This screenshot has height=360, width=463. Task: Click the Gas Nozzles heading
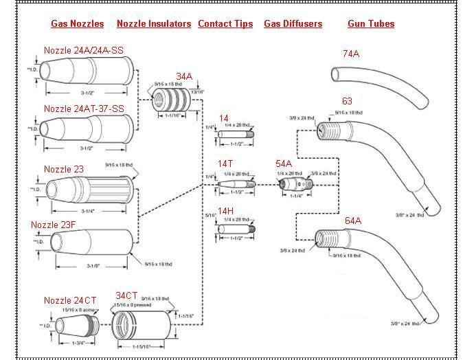pos(78,23)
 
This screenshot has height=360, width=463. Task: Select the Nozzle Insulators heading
pos(154,23)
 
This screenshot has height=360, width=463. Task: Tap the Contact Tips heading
pos(225,23)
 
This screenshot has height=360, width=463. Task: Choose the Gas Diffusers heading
pos(293,23)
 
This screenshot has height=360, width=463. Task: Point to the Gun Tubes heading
pos(371,23)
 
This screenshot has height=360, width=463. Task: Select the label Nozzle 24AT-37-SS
pos(84,109)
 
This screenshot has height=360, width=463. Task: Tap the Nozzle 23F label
pos(58,225)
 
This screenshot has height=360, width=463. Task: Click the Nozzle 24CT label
pos(70,300)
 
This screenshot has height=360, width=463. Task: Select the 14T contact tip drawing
pos(236,184)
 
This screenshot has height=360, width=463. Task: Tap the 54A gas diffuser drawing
pos(295,185)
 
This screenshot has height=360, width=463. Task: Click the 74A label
pos(351,54)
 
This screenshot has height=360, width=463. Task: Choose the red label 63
pos(347,102)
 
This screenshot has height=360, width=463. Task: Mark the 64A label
pos(353,221)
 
